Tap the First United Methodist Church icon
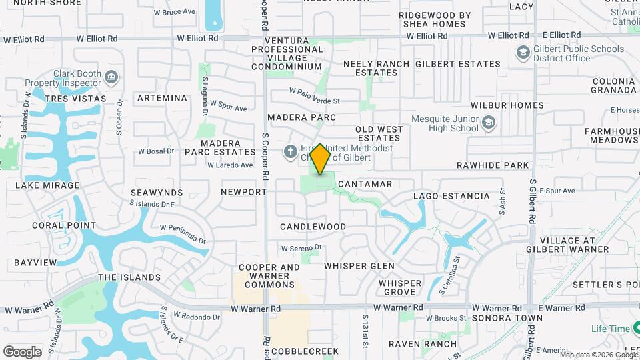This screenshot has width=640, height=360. (290, 152)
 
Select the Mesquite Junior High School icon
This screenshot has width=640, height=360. (489, 122)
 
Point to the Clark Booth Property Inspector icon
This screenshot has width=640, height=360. (111, 78)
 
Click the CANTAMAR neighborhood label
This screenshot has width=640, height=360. (365, 183)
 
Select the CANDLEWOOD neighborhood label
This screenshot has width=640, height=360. (313, 227)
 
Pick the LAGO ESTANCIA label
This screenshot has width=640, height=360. (451, 196)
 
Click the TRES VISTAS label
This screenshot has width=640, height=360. (75, 99)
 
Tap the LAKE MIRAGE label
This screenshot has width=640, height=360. (47, 185)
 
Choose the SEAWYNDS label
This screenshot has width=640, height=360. (157, 192)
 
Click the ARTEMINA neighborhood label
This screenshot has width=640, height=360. (162, 98)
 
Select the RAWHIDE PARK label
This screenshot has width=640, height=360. (492, 165)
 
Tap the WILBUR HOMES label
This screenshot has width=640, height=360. (507, 105)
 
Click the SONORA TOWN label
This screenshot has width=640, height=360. (507, 318)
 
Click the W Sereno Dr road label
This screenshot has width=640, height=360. (301, 247)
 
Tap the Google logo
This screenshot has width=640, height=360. (22, 351)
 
